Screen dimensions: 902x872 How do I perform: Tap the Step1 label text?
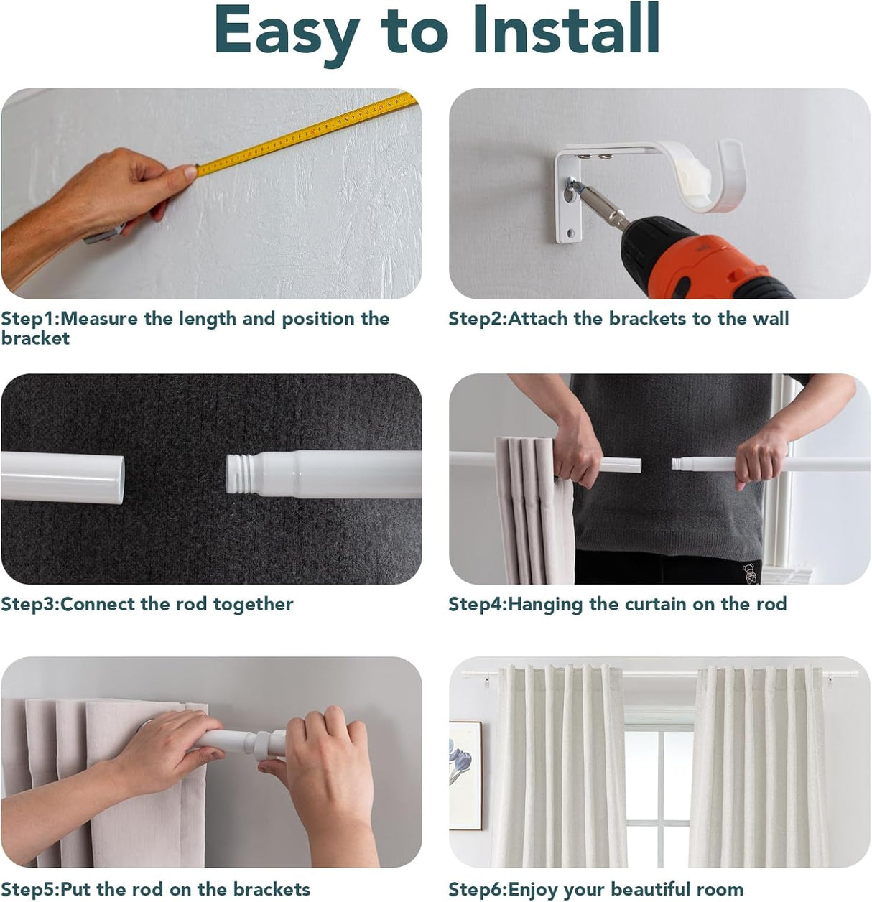195,327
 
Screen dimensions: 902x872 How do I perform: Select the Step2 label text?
618,318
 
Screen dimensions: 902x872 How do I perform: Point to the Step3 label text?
147,604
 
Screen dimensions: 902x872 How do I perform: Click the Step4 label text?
617,604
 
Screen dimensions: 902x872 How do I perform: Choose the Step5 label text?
156,889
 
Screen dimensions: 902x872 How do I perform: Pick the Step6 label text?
595,889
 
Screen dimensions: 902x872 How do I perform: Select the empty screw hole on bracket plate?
571,234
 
